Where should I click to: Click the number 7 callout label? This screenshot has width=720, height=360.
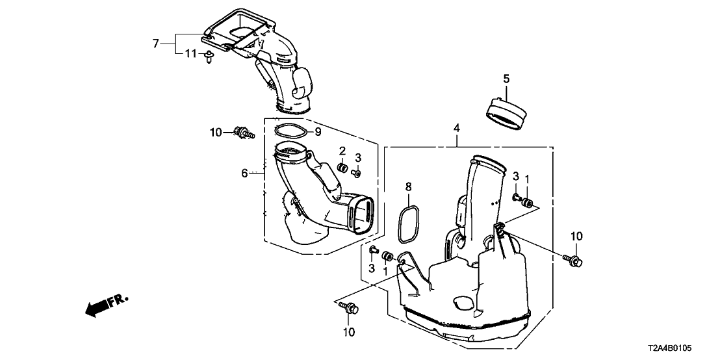pyautogui.click(x=155, y=44)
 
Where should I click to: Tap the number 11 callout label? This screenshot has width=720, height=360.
pyautogui.click(x=189, y=53)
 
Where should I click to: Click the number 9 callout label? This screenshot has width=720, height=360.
pyautogui.click(x=318, y=132)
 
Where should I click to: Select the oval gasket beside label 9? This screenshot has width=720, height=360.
pyautogui.click(x=291, y=131)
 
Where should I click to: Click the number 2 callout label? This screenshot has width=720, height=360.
pyautogui.click(x=342, y=151)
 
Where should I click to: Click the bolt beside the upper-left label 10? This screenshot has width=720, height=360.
pyautogui.click(x=244, y=133)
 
